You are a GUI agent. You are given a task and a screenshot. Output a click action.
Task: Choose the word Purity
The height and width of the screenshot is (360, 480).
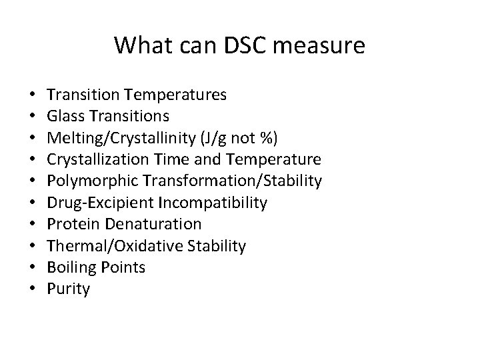[69, 289]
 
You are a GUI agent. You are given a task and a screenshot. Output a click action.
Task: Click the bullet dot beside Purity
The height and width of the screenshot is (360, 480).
[32, 289]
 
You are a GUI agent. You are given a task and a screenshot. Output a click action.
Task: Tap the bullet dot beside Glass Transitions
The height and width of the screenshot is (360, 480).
[32, 116]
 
